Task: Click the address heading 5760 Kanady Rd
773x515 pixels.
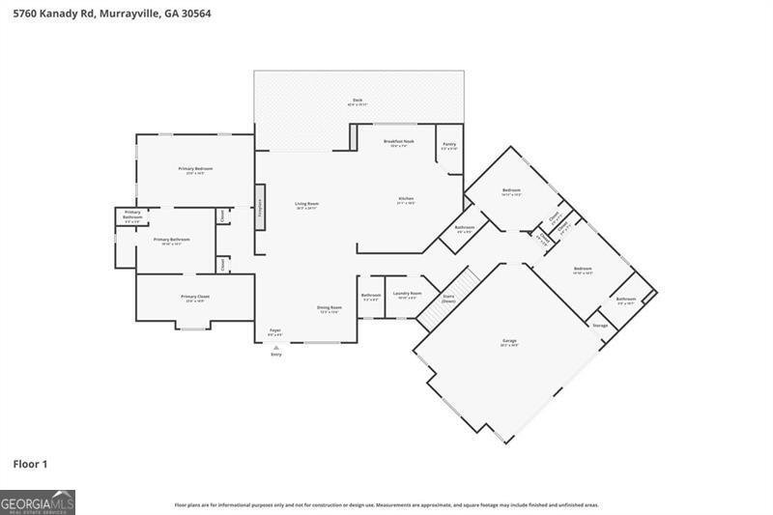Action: pyautogui.click(x=107, y=14)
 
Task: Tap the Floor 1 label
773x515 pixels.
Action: pyautogui.click(x=30, y=464)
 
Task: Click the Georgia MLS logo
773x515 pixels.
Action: pyautogui.click(x=38, y=502)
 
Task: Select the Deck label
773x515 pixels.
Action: pyautogui.click(x=358, y=101)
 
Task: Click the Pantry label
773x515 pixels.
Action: pyautogui.click(x=449, y=146)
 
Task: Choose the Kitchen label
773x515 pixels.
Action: pyautogui.click(x=406, y=200)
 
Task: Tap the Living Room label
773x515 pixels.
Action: pyautogui.click(x=306, y=205)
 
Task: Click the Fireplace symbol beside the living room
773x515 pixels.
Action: pyautogui.click(x=259, y=213)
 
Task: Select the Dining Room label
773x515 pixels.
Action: pyautogui.click(x=329, y=308)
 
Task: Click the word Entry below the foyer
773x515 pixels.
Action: pyautogui.click(x=276, y=355)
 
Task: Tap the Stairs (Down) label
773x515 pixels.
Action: pyautogui.click(x=448, y=299)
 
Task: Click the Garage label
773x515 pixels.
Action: pyautogui.click(x=509, y=341)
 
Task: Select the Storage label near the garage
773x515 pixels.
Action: pyautogui.click(x=600, y=326)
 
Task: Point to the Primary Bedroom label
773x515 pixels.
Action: pyautogui.click(x=195, y=170)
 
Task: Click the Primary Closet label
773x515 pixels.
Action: pyautogui.click(x=195, y=298)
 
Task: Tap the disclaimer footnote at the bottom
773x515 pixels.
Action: pyautogui.click(x=386, y=504)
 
